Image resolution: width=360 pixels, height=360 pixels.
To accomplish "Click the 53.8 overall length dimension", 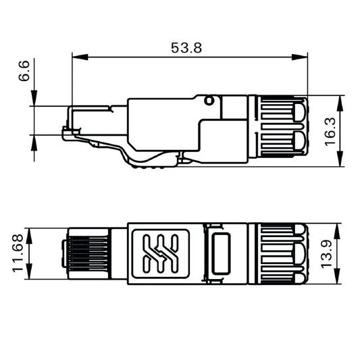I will click(x=187, y=47).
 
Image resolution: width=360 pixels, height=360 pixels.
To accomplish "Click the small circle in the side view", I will click(x=209, y=101).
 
